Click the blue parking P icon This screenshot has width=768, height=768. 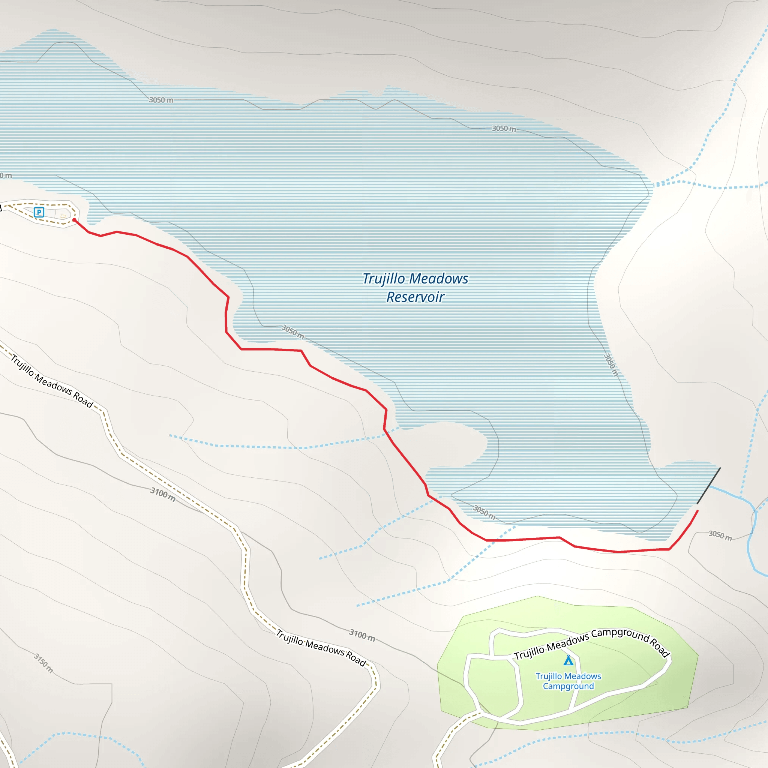pyautogui.click(x=39, y=212)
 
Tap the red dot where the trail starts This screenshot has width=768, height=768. pyautogui.click(x=74, y=220)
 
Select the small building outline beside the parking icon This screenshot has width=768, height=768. pyautogui.click(x=63, y=216)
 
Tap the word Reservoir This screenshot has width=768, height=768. pyautogui.click(x=415, y=297)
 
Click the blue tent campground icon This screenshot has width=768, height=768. pyautogui.click(x=568, y=660)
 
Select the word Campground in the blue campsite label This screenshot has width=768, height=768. pyautogui.click(x=568, y=686)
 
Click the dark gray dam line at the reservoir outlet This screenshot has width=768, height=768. pyautogui.click(x=709, y=486)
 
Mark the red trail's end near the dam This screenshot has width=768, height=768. pyautogui.click(x=697, y=511)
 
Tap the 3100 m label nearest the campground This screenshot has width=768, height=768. pyautogui.click(x=362, y=635)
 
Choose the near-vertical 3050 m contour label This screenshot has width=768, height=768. pyautogui.click(x=611, y=364)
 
